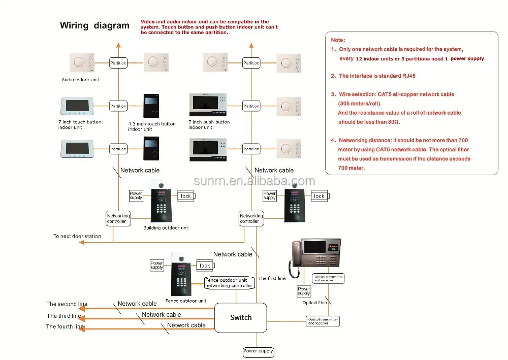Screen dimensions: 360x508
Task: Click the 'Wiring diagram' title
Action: point(94,25)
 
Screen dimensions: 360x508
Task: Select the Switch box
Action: point(240,317)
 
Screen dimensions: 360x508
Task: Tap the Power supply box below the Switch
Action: point(259,351)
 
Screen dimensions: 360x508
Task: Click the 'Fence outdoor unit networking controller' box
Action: point(229,283)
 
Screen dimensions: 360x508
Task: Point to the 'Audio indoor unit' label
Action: point(80,80)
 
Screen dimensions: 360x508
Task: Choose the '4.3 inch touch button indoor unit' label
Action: point(151,126)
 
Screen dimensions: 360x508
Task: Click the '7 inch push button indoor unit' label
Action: point(209,124)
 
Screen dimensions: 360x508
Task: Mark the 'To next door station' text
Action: point(77,236)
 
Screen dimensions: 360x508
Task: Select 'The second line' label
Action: point(67,304)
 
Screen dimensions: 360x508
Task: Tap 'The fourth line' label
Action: point(65,326)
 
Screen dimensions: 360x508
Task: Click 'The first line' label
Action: point(272,278)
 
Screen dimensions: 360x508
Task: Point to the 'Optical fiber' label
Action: point(315,303)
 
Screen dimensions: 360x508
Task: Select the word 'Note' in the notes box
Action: point(338,40)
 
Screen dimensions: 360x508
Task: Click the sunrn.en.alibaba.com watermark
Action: point(255,181)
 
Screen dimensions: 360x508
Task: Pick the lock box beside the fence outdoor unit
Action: point(205,266)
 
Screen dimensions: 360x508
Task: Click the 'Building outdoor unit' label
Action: point(166,228)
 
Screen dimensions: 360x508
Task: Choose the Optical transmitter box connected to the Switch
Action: point(322,321)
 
